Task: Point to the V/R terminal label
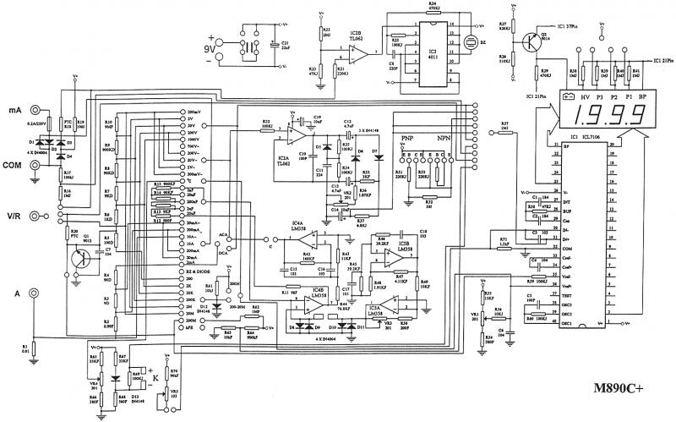14,216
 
